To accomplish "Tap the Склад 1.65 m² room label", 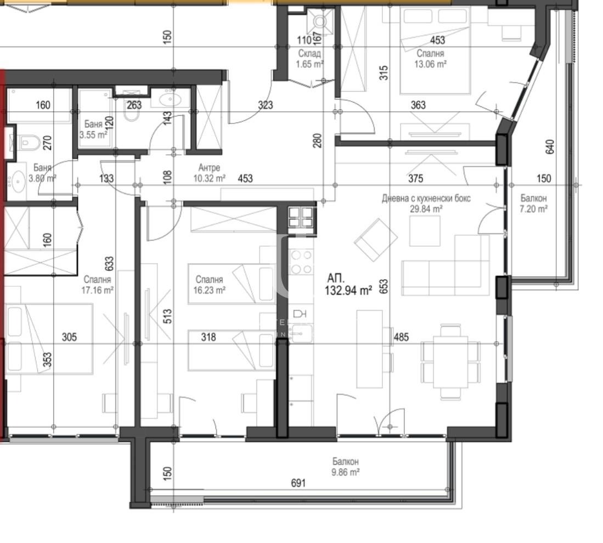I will [309, 59].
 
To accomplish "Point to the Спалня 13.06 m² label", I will [430, 59].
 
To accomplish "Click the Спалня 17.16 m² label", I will [98, 285].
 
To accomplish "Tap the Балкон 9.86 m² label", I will [345, 466].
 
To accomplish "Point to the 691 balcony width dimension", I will [297, 483].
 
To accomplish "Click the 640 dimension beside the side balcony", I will [550, 146].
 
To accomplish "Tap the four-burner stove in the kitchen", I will [301, 262].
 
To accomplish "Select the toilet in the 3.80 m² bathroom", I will [26, 143].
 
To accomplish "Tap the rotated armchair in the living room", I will [376, 240].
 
